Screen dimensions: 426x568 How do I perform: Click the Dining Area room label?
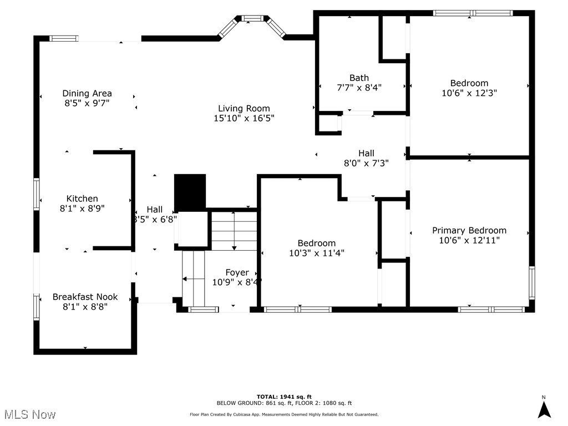[x=87, y=93]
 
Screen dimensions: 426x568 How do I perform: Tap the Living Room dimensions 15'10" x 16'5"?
[x=244, y=118]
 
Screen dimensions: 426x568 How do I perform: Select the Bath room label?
[x=359, y=78]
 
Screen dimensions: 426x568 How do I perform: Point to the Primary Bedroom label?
[x=469, y=230]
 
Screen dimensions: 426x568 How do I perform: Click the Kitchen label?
[x=82, y=199]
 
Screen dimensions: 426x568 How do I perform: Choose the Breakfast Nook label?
[x=85, y=297]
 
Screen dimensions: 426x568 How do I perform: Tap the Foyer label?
[x=237, y=272]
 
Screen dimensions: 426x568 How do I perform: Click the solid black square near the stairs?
[x=190, y=191]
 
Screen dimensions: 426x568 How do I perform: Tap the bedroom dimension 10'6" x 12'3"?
[x=469, y=93]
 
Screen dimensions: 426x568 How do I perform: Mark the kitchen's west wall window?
[x=37, y=194]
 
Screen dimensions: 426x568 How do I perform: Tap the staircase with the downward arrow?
[x=234, y=230]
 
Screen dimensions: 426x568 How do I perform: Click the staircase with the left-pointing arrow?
[x=193, y=278]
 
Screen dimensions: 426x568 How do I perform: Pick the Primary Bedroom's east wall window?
[x=531, y=283]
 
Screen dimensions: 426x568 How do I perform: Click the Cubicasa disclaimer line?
[x=283, y=414]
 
